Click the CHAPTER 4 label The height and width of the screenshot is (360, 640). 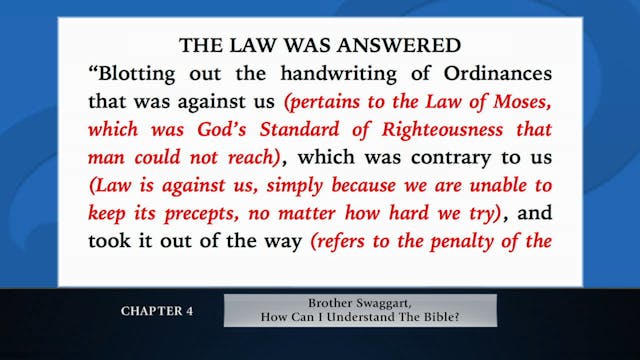(157, 310)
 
